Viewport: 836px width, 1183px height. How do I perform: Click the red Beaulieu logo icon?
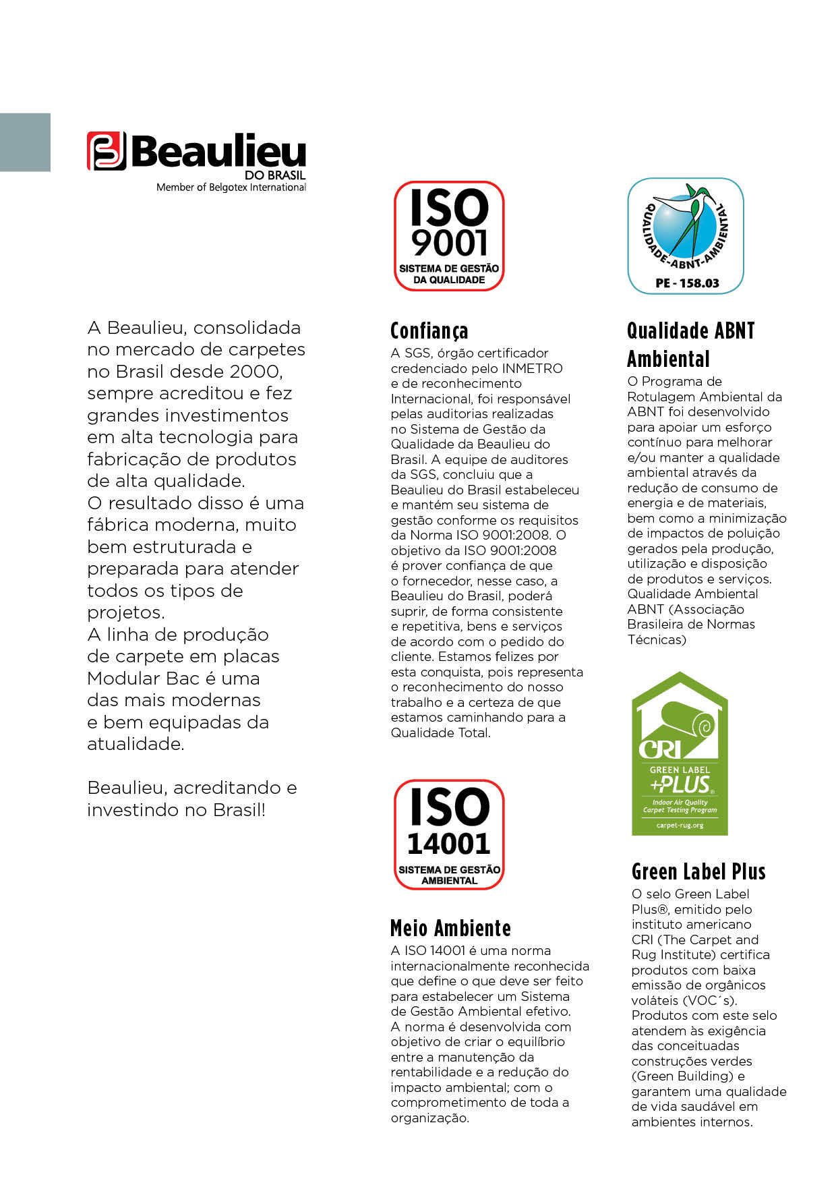[107, 150]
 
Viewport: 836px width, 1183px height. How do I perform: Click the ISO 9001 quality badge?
[449, 236]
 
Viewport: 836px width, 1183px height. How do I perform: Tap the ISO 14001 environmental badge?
[449, 834]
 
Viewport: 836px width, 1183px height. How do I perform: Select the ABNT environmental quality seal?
[686, 236]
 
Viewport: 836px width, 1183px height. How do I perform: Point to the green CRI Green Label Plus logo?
[680, 754]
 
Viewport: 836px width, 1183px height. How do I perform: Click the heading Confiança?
[429, 331]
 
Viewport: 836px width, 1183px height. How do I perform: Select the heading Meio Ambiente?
[450, 929]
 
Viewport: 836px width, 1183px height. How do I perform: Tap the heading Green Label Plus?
[698, 872]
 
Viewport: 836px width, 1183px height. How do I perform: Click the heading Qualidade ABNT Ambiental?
[690, 345]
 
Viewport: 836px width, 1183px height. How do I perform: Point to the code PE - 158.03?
[687, 283]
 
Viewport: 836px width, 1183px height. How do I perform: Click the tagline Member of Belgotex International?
[231, 187]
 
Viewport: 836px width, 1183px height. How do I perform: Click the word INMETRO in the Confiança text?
[531, 368]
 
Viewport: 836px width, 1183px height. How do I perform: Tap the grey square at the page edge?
[25, 142]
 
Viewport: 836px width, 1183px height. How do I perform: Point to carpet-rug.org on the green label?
[680, 826]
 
